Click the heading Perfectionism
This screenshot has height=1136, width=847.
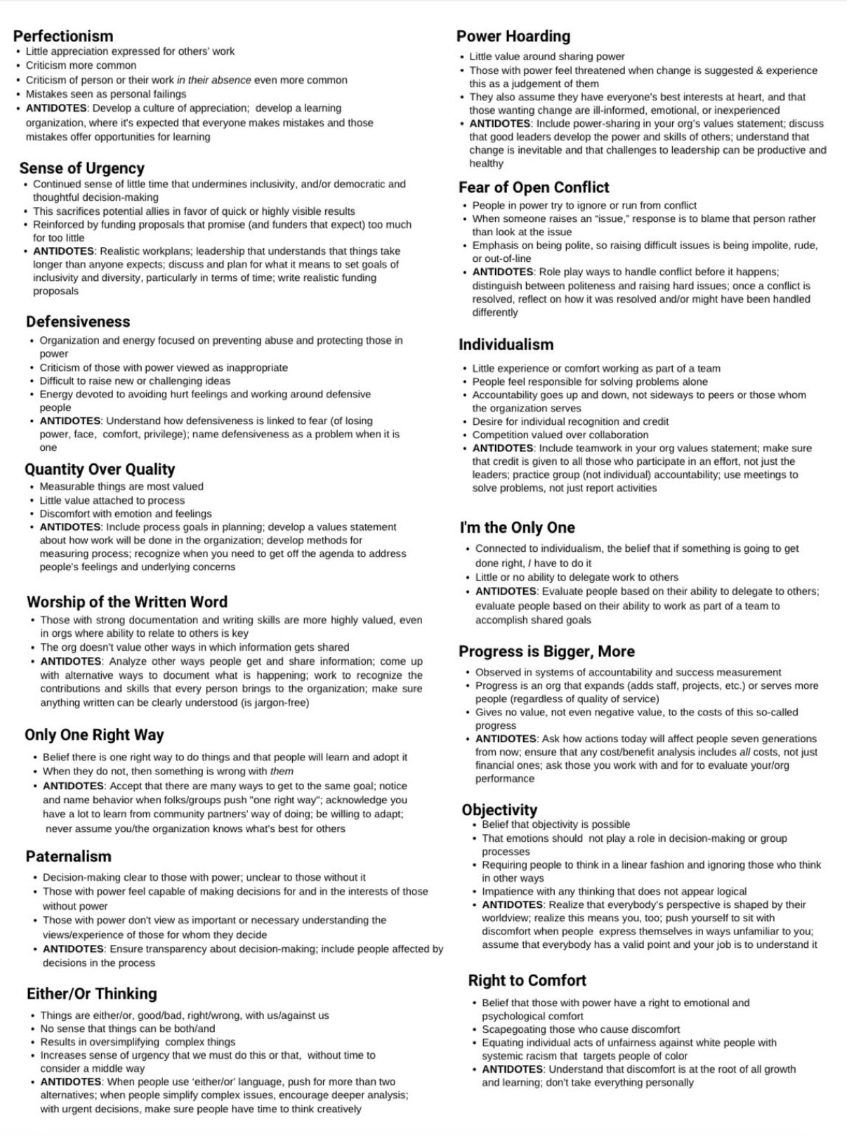click(63, 36)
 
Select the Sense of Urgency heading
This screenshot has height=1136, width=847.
click(82, 168)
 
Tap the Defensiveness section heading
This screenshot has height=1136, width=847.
click(78, 322)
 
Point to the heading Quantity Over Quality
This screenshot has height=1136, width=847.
click(100, 469)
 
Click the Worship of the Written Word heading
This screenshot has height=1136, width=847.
click(127, 602)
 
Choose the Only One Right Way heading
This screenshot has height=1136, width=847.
click(94, 734)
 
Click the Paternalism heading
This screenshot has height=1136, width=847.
click(69, 856)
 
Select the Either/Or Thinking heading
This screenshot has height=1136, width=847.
click(92, 993)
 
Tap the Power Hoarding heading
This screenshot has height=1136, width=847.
click(513, 36)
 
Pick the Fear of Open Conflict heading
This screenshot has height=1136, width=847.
click(534, 187)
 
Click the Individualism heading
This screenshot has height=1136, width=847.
click(506, 344)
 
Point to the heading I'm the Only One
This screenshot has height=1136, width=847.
click(517, 527)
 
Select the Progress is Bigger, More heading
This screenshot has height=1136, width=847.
click(546, 651)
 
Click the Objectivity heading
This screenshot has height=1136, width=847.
click(499, 810)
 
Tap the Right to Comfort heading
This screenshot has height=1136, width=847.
click(527, 980)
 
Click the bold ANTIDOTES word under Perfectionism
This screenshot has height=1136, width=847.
click(57, 108)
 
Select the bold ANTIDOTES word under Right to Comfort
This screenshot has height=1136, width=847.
click(513, 1069)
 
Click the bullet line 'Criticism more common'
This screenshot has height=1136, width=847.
click(81, 65)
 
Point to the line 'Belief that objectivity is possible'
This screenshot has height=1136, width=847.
click(556, 824)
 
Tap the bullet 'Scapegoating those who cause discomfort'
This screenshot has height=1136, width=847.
click(581, 1029)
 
